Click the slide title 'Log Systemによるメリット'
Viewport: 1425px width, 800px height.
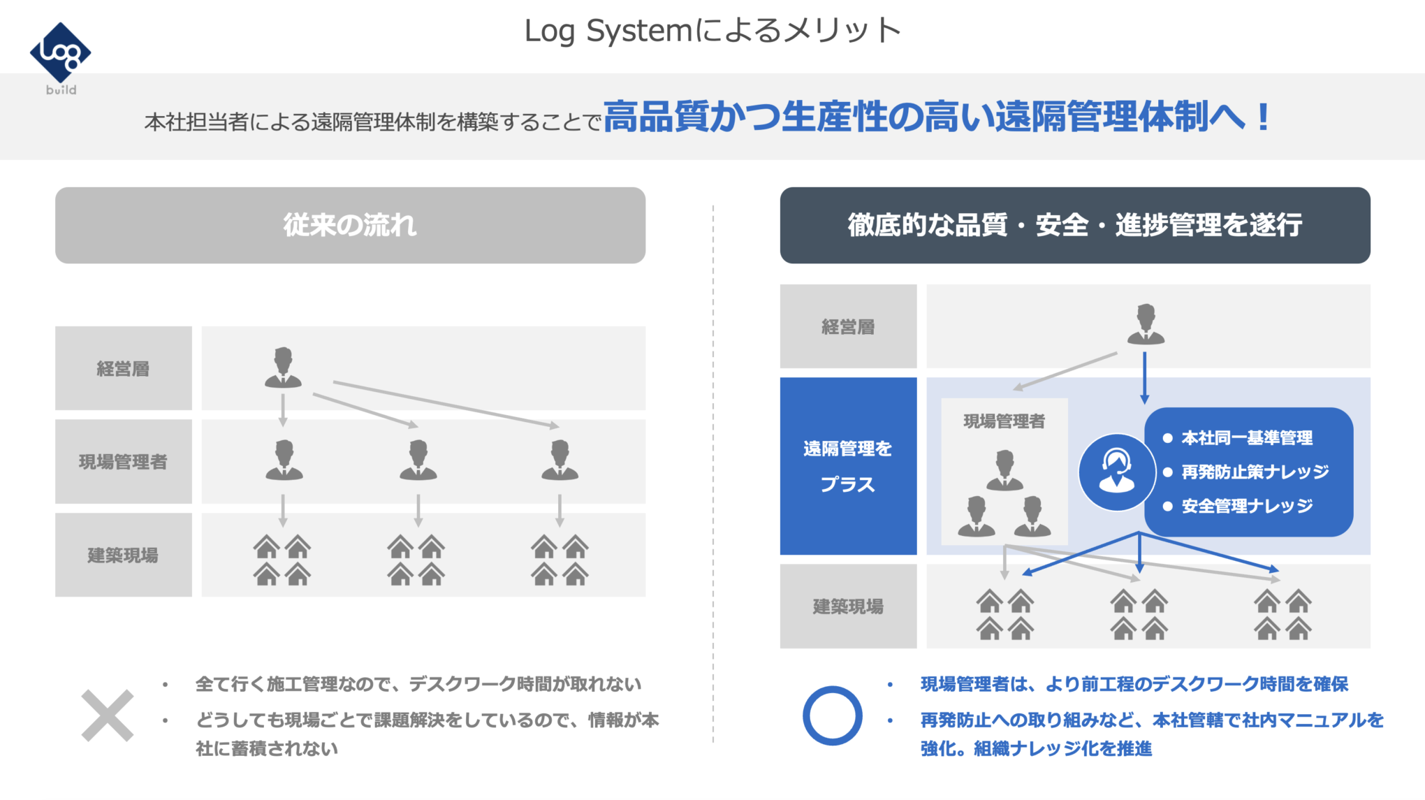(x=712, y=31)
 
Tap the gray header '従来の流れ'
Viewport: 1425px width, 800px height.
(x=350, y=225)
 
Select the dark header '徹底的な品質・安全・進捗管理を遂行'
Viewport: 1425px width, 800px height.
(x=1075, y=225)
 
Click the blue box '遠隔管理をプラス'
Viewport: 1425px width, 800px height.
(x=848, y=466)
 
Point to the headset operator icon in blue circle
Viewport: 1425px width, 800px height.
(x=1116, y=472)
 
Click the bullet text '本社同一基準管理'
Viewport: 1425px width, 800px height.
(x=1247, y=438)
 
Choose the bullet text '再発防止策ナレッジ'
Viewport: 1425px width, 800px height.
(x=1255, y=472)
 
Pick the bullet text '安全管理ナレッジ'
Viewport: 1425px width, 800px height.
(x=1247, y=506)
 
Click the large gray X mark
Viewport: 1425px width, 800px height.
(x=107, y=715)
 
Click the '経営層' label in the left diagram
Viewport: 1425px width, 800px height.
(x=123, y=369)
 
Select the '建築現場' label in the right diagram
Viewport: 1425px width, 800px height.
(x=848, y=606)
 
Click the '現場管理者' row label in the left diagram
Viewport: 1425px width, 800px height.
(x=123, y=462)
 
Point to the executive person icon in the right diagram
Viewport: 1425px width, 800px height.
(x=1146, y=324)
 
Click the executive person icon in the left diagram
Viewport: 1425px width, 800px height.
(x=283, y=368)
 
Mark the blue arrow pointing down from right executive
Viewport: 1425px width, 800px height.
(x=1144, y=378)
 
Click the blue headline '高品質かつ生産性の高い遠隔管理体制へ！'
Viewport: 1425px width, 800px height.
(x=937, y=117)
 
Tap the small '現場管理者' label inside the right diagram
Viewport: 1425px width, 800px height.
(x=1004, y=421)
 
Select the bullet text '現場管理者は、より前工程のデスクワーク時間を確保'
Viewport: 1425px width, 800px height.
(x=1134, y=684)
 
